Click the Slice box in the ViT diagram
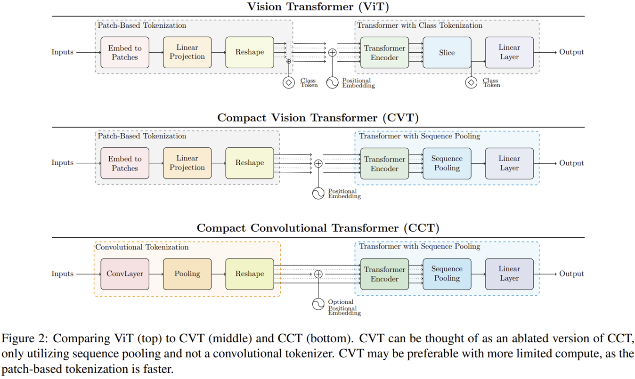(447, 53)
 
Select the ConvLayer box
(125, 274)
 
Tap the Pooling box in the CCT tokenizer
(187, 274)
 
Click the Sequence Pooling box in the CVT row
(447, 163)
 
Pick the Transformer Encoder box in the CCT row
(384, 274)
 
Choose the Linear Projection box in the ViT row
(187, 52)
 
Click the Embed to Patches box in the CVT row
(125, 163)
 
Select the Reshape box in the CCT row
(249, 274)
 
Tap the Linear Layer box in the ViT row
(509, 52)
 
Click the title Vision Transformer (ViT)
(318, 7)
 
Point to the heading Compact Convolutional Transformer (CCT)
(318, 228)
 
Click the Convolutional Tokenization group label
(142, 247)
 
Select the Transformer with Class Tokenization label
(419, 25)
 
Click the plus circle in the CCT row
(318, 274)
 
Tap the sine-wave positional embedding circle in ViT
(333, 83)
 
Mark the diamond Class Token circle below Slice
(471, 83)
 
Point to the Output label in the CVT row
(571, 163)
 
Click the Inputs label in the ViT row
(63, 52)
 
